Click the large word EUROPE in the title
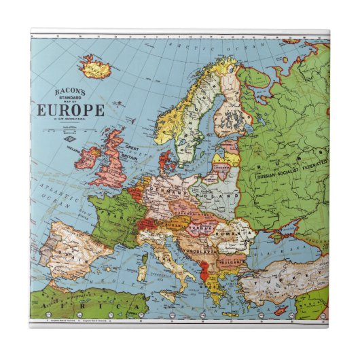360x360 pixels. click(69, 110)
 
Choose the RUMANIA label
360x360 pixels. click(235, 231)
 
